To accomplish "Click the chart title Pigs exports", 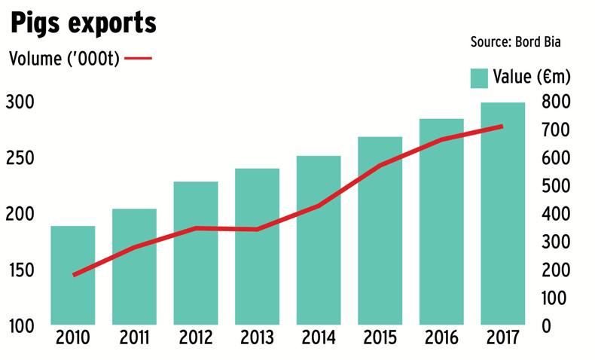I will click(x=83, y=23).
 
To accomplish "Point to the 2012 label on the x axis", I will click(x=195, y=337).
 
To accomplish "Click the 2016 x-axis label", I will click(x=441, y=337).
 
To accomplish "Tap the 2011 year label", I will click(x=134, y=337).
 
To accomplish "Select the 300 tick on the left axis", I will click(x=20, y=102).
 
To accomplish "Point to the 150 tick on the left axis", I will click(x=20, y=270).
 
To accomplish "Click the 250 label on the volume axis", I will click(x=20, y=159).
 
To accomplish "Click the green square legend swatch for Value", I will click(x=480, y=77).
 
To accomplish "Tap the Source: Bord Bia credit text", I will click(x=516, y=41).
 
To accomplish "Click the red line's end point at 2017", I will click(x=502, y=127).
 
